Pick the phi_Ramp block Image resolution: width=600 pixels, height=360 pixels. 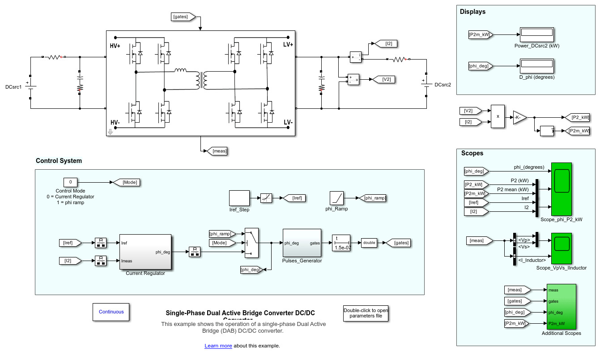point(336,198)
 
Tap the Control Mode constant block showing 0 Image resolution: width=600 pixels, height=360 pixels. point(70,182)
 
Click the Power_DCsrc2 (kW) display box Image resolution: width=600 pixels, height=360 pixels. point(537,34)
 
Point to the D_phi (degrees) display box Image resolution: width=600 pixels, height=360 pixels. point(537,66)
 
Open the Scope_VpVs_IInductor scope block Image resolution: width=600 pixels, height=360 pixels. point(562,249)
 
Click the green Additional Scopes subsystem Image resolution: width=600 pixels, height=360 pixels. point(561,306)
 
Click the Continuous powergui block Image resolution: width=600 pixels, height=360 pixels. point(111,312)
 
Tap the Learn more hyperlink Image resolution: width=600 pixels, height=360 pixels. point(218,346)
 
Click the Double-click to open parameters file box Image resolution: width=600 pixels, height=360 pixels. point(366,313)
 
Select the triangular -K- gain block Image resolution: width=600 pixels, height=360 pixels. point(519,117)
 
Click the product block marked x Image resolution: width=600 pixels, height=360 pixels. point(498,116)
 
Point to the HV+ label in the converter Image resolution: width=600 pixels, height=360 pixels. point(115,46)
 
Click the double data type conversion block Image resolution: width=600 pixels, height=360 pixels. point(369,243)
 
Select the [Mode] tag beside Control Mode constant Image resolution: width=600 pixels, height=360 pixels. point(126,182)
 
